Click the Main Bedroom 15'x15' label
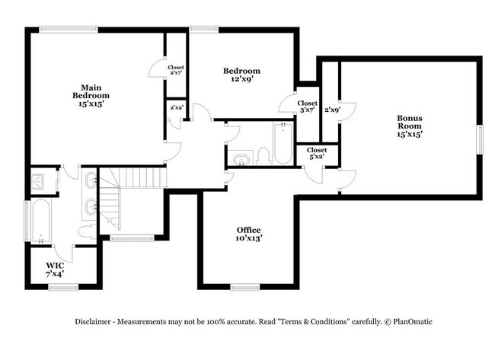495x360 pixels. (x=91, y=96)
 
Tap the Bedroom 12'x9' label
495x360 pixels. (x=242, y=75)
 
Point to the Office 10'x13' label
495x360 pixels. (x=249, y=234)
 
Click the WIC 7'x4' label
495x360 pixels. (x=55, y=269)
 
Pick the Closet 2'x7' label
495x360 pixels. (x=176, y=70)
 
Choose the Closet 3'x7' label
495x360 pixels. (x=307, y=107)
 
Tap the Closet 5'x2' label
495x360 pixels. (x=317, y=153)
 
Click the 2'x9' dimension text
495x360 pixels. (x=333, y=110)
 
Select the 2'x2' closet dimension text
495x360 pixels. (x=177, y=107)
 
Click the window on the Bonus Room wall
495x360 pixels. (x=480, y=139)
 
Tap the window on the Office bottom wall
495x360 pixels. (x=245, y=287)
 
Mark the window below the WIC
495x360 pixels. (x=63, y=287)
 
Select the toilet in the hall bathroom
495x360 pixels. (x=263, y=156)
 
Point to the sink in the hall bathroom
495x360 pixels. (x=241, y=160)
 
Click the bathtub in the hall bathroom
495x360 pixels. (x=283, y=143)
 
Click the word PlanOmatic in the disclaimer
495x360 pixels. (x=413, y=322)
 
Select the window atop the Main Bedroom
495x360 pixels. (x=69, y=30)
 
